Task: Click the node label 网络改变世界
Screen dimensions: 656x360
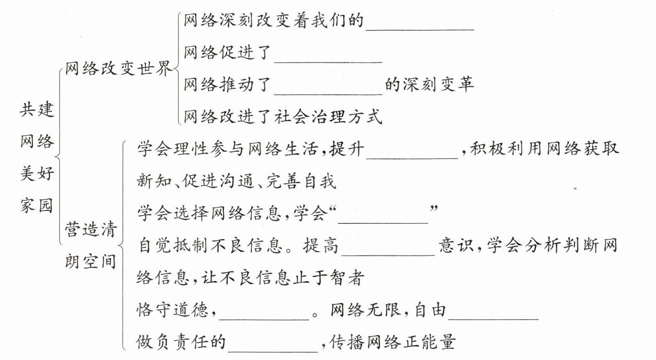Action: click(118, 69)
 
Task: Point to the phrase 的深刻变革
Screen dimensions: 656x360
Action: click(429, 85)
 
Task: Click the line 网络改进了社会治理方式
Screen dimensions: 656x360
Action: click(283, 117)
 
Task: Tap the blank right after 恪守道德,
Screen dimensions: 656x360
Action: click(264, 312)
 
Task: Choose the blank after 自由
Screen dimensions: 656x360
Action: click(493, 312)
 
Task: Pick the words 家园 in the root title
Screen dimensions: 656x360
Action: click(37, 205)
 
